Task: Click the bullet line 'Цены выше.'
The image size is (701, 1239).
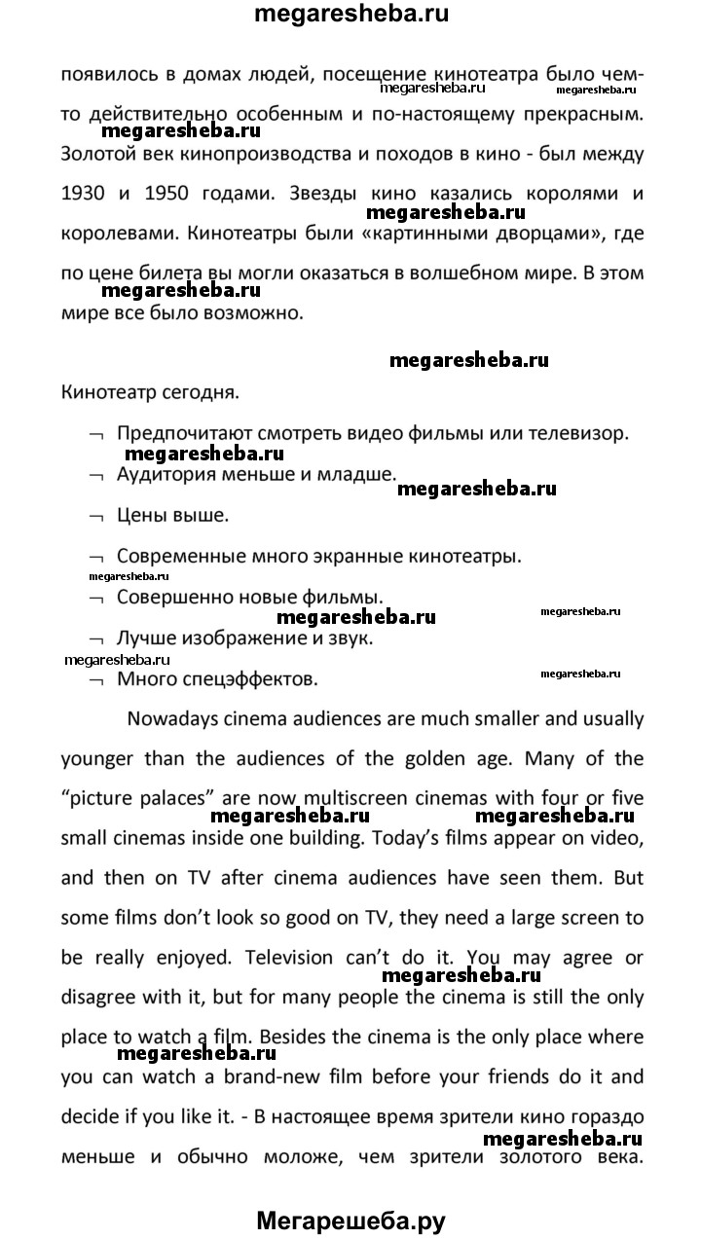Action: [x=172, y=515]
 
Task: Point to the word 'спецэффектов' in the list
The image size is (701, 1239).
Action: [x=256, y=678]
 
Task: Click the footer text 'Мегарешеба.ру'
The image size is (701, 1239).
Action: [x=350, y=1219]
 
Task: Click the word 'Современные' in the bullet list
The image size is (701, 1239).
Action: [x=179, y=557]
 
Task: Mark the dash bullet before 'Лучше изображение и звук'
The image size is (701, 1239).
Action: [x=95, y=639]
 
